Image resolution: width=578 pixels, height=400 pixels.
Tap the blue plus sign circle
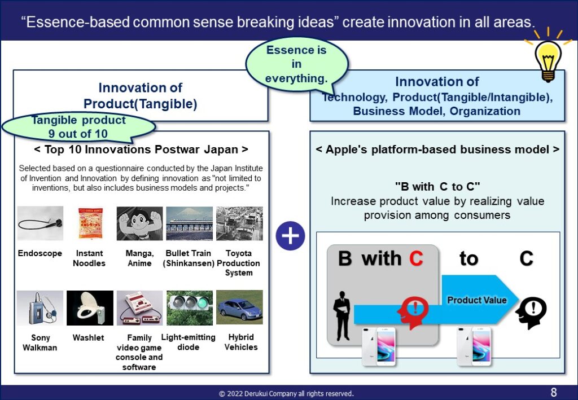(x=290, y=236)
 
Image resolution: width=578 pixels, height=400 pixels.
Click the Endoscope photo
(x=40, y=223)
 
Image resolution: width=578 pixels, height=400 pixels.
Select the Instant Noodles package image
(x=90, y=223)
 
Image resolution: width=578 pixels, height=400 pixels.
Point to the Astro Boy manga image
(x=140, y=223)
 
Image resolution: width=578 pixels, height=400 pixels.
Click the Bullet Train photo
(x=190, y=223)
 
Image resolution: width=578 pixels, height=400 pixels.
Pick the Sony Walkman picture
(x=40, y=307)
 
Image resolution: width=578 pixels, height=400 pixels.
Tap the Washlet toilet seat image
(x=90, y=307)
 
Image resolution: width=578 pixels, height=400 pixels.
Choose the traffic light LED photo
(x=190, y=307)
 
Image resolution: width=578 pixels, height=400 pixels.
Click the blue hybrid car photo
(x=239, y=307)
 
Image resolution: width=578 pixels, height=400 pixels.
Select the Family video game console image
(x=140, y=307)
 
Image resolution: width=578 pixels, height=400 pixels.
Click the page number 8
(x=554, y=392)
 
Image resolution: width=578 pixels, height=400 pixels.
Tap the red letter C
(x=416, y=258)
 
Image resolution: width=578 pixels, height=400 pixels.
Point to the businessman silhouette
(x=341, y=315)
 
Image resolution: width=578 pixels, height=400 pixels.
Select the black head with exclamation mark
(x=531, y=313)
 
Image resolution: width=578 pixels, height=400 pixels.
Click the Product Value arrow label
(x=476, y=300)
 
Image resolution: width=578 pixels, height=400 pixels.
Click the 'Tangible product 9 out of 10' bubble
(x=78, y=127)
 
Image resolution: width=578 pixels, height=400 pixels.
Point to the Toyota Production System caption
(x=239, y=263)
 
